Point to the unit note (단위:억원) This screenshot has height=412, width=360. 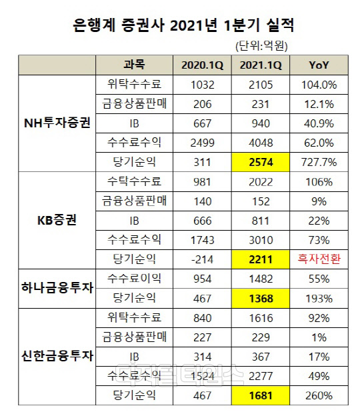pos(266,47)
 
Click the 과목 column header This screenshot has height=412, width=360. pos(134,65)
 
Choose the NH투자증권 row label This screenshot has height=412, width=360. pos(57,123)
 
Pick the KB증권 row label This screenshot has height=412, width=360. pos(57,219)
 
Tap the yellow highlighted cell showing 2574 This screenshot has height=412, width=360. pos(261,161)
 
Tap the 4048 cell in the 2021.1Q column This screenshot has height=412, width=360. pos(261,142)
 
